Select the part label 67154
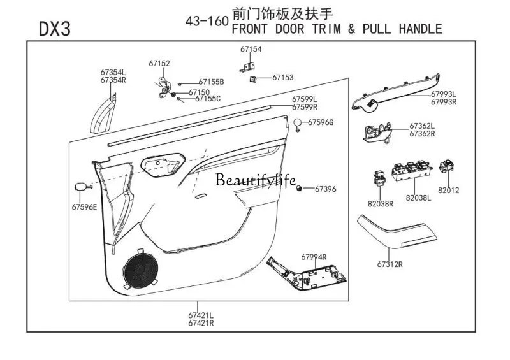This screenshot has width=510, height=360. (251, 49)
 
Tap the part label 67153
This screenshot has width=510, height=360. (282, 77)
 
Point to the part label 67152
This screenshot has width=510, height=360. (159, 64)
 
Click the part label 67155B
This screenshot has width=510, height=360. (211, 82)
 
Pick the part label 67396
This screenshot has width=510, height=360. (325, 189)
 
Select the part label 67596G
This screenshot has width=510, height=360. (321, 122)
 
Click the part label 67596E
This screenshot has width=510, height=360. (85, 206)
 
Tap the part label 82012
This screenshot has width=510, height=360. (448, 190)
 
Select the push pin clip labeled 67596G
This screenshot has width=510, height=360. (297, 124)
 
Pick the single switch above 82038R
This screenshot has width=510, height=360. (380, 176)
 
